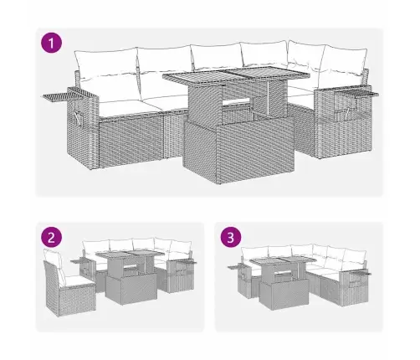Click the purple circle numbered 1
point(51,44)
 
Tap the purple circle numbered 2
point(51,238)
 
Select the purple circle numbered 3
point(231,238)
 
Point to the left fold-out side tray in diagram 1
point(63,96)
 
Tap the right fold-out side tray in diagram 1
point(359,94)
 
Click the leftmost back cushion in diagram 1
point(106,62)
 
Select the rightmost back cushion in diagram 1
point(344,59)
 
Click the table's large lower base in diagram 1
point(238,148)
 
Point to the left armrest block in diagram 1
point(83,128)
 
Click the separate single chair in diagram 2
point(69,282)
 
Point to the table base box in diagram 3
point(284,294)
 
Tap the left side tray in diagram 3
point(235,267)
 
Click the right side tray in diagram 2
point(187,261)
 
